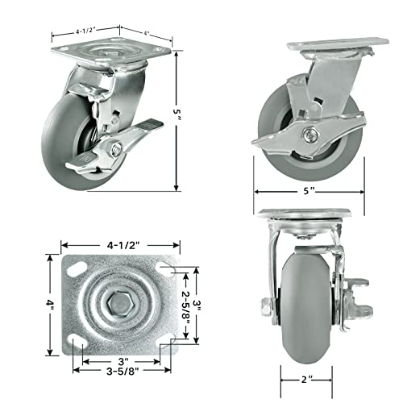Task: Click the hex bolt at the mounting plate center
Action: [x=119, y=303]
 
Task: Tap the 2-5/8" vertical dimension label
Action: [x=186, y=305]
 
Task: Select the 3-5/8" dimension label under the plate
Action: [x=123, y=371]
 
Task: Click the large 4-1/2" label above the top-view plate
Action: [x=123, y=245]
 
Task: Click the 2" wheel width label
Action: [x=307, y=380]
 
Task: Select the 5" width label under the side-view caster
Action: [x=309, y=191]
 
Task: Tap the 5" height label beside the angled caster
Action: [x=177, y=114]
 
